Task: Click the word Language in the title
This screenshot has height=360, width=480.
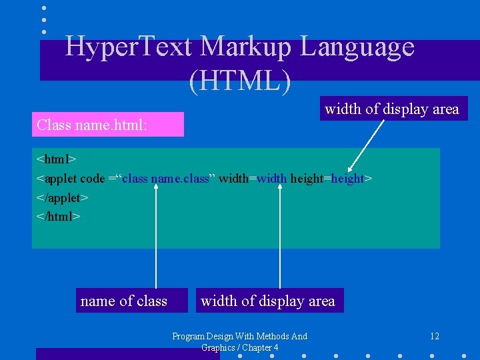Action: [x=357, y=47]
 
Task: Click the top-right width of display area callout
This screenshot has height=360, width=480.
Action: [x=392, y=109]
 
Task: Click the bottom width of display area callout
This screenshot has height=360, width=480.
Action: [x=268, y=301]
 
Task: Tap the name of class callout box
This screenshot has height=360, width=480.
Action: [x=124, y=301]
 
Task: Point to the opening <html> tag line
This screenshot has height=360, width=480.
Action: [x=57, y=159]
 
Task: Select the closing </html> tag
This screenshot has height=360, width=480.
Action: [x=59, y=216]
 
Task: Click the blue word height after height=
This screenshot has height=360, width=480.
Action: [x=348, y=179]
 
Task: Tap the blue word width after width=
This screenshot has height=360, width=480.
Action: [x=271, y=179]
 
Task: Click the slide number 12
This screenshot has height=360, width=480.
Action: [x=434, y=336]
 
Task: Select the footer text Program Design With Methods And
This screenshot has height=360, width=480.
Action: [x=240, y=336]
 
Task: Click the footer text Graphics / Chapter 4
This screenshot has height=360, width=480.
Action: [x=240, y=347]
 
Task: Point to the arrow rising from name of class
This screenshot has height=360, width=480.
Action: [x=157, y=233]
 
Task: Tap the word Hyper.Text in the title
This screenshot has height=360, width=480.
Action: [x=129, y=47]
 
